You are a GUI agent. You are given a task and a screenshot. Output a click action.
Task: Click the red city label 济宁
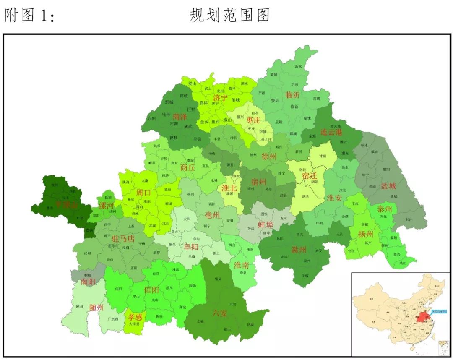point(220,98)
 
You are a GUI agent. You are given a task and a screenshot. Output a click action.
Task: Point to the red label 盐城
point(388,186)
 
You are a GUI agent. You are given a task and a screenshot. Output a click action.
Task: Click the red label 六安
point(220,313)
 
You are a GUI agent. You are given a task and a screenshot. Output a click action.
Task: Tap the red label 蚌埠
point(265,224)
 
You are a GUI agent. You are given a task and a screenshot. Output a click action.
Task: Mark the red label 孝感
point(135,317)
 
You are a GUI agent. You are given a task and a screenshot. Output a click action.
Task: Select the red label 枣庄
point(253,120)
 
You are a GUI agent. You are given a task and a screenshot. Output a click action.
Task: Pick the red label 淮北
point(229,188)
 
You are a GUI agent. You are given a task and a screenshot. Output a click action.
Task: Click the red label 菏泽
point(180,116)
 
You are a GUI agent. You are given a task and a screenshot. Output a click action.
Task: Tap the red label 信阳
point(151,290)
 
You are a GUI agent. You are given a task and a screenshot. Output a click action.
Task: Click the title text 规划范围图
point(229,16)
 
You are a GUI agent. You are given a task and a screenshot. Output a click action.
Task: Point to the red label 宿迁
point(310,176)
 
